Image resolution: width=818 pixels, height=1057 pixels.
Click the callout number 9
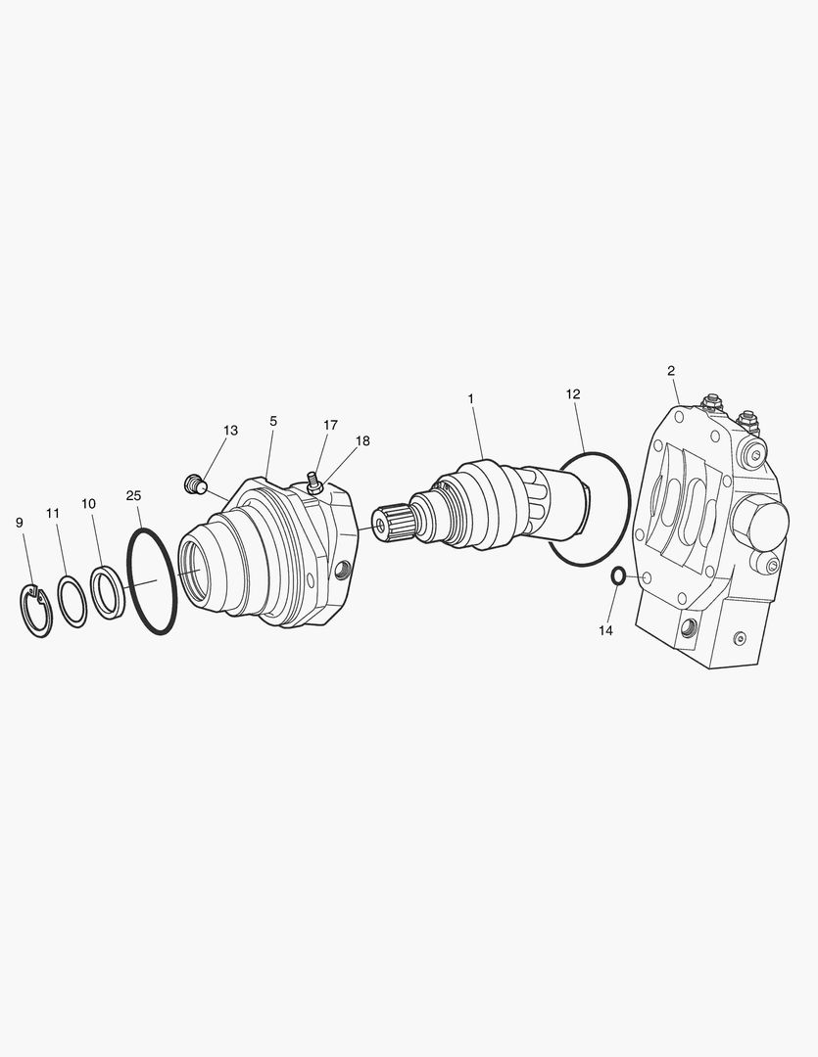tap(20, 523)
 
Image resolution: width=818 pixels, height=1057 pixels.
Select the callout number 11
tap(53, 513)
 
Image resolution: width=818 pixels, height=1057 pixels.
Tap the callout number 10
tap(88, 503)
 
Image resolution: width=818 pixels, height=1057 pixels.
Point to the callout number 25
tap(133, 495)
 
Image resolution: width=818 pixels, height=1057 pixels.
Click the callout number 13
tap(230, 430)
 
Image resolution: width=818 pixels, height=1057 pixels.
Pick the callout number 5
tap(273, 421)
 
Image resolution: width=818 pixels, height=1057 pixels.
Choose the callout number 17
tap(330, 425)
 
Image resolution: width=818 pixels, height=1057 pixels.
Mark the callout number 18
tap(362, 440)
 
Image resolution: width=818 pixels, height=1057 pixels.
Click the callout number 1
tap(470, 398)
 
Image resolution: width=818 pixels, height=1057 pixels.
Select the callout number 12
tap(573, 393)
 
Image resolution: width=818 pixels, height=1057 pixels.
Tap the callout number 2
tap(671, 370)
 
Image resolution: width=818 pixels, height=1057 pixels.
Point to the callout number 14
tap(605, 630)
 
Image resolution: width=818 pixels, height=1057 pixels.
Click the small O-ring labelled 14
tap(618, 575)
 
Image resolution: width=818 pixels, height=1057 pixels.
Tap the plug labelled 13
tap(194, 483)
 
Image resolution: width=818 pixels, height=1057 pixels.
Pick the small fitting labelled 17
tap(314, 482)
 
